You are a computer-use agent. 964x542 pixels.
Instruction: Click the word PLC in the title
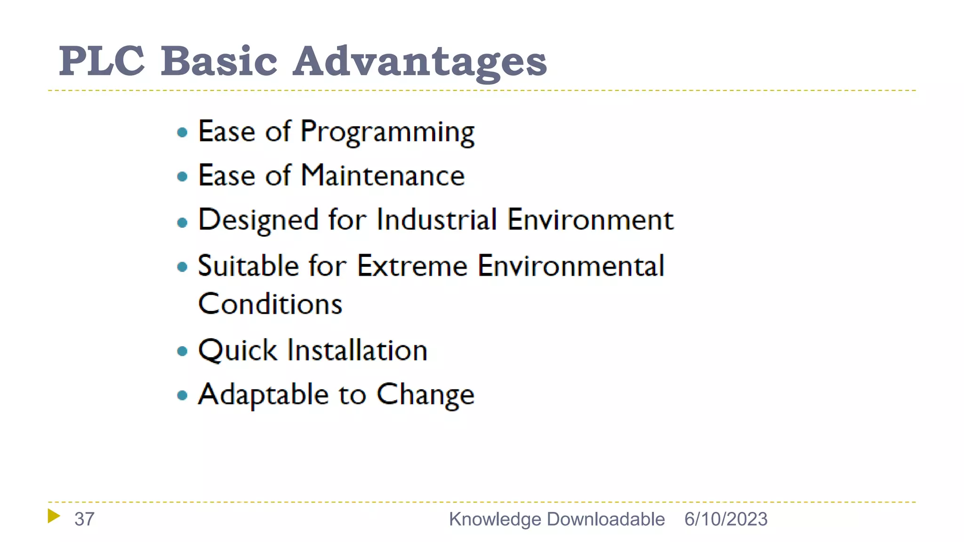pyautogui.click(x=102, y=61)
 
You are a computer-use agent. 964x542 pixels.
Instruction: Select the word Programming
pyautogui.click(x=387, y=132)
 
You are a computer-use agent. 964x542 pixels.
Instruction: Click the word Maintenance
pyautogui.click(x=383, y=175)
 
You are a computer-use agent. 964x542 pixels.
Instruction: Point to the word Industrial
pyautogui.click(x=436, y=220)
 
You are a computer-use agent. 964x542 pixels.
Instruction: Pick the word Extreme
pyautogui.click(x=412, y=266)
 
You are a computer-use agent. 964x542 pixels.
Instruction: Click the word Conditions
pyautogui.click(x=270, y=304)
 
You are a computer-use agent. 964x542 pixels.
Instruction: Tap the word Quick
pyautogui.click(x=238, y=351)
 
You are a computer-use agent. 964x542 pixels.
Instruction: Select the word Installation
pyautogui.click(x=357, y=351)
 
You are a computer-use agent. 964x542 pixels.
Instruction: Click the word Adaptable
pyautogui.click(x=263, y=395)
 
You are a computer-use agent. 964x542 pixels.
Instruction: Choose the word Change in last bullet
pyautogui.click(x=425, y=395)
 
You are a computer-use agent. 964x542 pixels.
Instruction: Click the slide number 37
pyautogui.click(x=84, y=519)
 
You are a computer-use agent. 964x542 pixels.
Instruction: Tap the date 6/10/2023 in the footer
pyautogui.click(x=725, y=519)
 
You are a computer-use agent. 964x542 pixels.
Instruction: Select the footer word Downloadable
pyautogui.click(x=606, y=519)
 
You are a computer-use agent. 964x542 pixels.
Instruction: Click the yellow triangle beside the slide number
pyautogui.click(x=54, y=516)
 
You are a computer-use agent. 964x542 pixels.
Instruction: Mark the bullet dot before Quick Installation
pyautogui.click(x=182, y=351)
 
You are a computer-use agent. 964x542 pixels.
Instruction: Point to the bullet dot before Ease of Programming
pyautogui.click(x=182, y=133)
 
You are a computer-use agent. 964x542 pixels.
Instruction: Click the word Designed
pyautogui.click(x=258, y=220)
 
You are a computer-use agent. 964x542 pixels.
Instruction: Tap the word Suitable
pyautogui.click(x=248, y=266)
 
